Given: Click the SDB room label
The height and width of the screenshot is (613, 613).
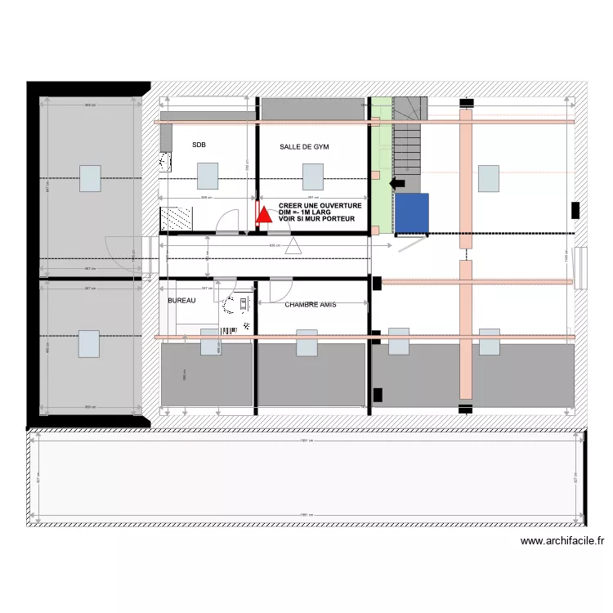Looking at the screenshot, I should (199, 145).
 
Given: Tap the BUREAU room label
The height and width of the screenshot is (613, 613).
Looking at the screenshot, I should (181, 301).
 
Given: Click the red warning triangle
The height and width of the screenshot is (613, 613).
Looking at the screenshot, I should (263, 214).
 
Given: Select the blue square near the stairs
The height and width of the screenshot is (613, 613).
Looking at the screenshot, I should (413, 214).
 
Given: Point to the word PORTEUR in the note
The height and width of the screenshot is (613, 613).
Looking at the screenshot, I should (337, 219).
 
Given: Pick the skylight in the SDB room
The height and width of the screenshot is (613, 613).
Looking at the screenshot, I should (208, 176).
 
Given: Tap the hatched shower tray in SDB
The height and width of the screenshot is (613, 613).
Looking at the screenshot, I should (176, 218).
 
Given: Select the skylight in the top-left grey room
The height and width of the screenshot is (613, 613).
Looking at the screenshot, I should (90, 177).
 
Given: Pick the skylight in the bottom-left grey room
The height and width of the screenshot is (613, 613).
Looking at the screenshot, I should (90, 343).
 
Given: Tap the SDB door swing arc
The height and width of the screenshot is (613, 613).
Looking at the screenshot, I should (229, 219).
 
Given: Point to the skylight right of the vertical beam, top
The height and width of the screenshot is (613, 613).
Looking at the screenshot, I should (489, 177).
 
